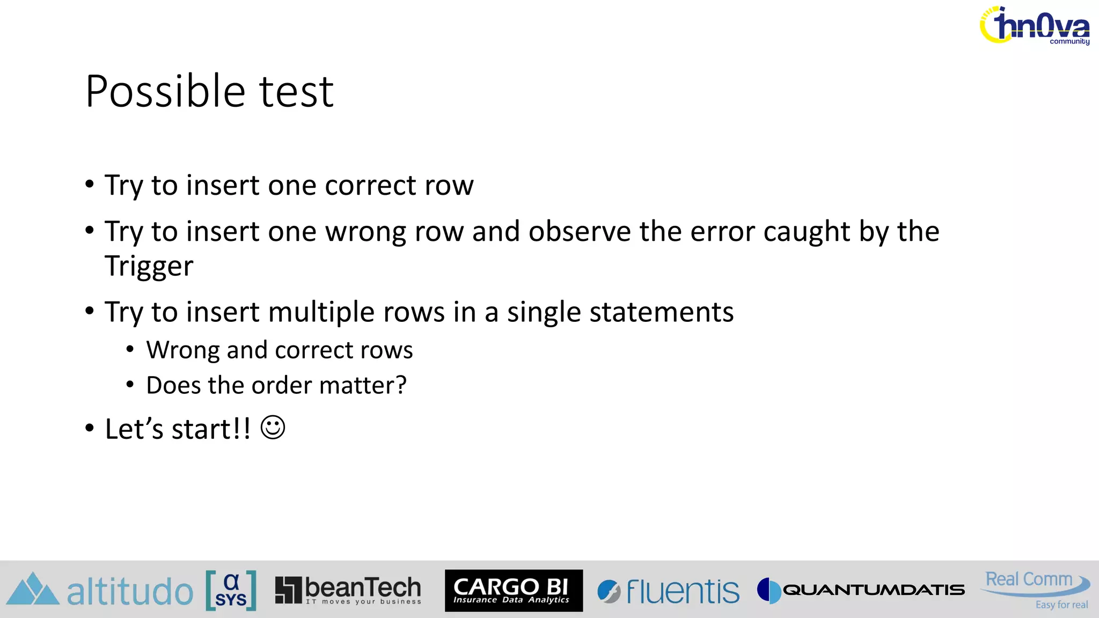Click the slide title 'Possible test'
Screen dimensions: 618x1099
click(209, 92)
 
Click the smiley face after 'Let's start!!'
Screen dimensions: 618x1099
click(273, 428)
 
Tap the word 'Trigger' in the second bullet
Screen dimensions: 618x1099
click(149, 267)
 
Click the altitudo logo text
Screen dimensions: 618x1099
click(130, 591)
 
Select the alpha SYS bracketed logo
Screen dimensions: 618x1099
click(231, 591)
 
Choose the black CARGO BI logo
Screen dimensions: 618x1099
click(514, 590)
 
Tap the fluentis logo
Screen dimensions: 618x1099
click(669, 591)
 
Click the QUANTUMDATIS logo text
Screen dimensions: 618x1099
click(873, 590)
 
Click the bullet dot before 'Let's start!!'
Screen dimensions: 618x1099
click(90, 429)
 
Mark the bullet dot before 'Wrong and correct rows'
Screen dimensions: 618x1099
click(130, 350)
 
